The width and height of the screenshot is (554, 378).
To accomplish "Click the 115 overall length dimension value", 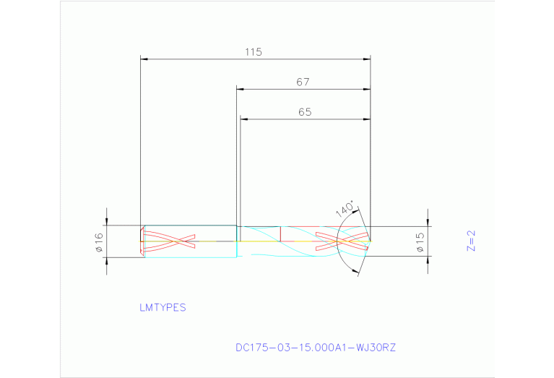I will pos(252,52).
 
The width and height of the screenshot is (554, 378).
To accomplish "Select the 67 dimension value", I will pos(303,82).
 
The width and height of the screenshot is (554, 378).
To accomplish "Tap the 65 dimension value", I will pos(304,112).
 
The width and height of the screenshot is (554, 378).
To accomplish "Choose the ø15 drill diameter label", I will pos(420,242).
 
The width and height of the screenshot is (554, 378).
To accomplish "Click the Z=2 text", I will pos(471,241).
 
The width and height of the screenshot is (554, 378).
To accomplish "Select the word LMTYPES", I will pos(163,307).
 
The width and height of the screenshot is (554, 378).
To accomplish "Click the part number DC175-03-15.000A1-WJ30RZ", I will pos(316,348).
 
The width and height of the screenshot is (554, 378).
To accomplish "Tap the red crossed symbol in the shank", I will pos(170,241).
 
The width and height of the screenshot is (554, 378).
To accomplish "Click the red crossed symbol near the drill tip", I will pos(342,241).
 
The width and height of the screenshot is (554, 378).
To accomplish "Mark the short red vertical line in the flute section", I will pos(280,233).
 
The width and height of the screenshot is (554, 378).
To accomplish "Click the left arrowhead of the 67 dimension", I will pos(241,90).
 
